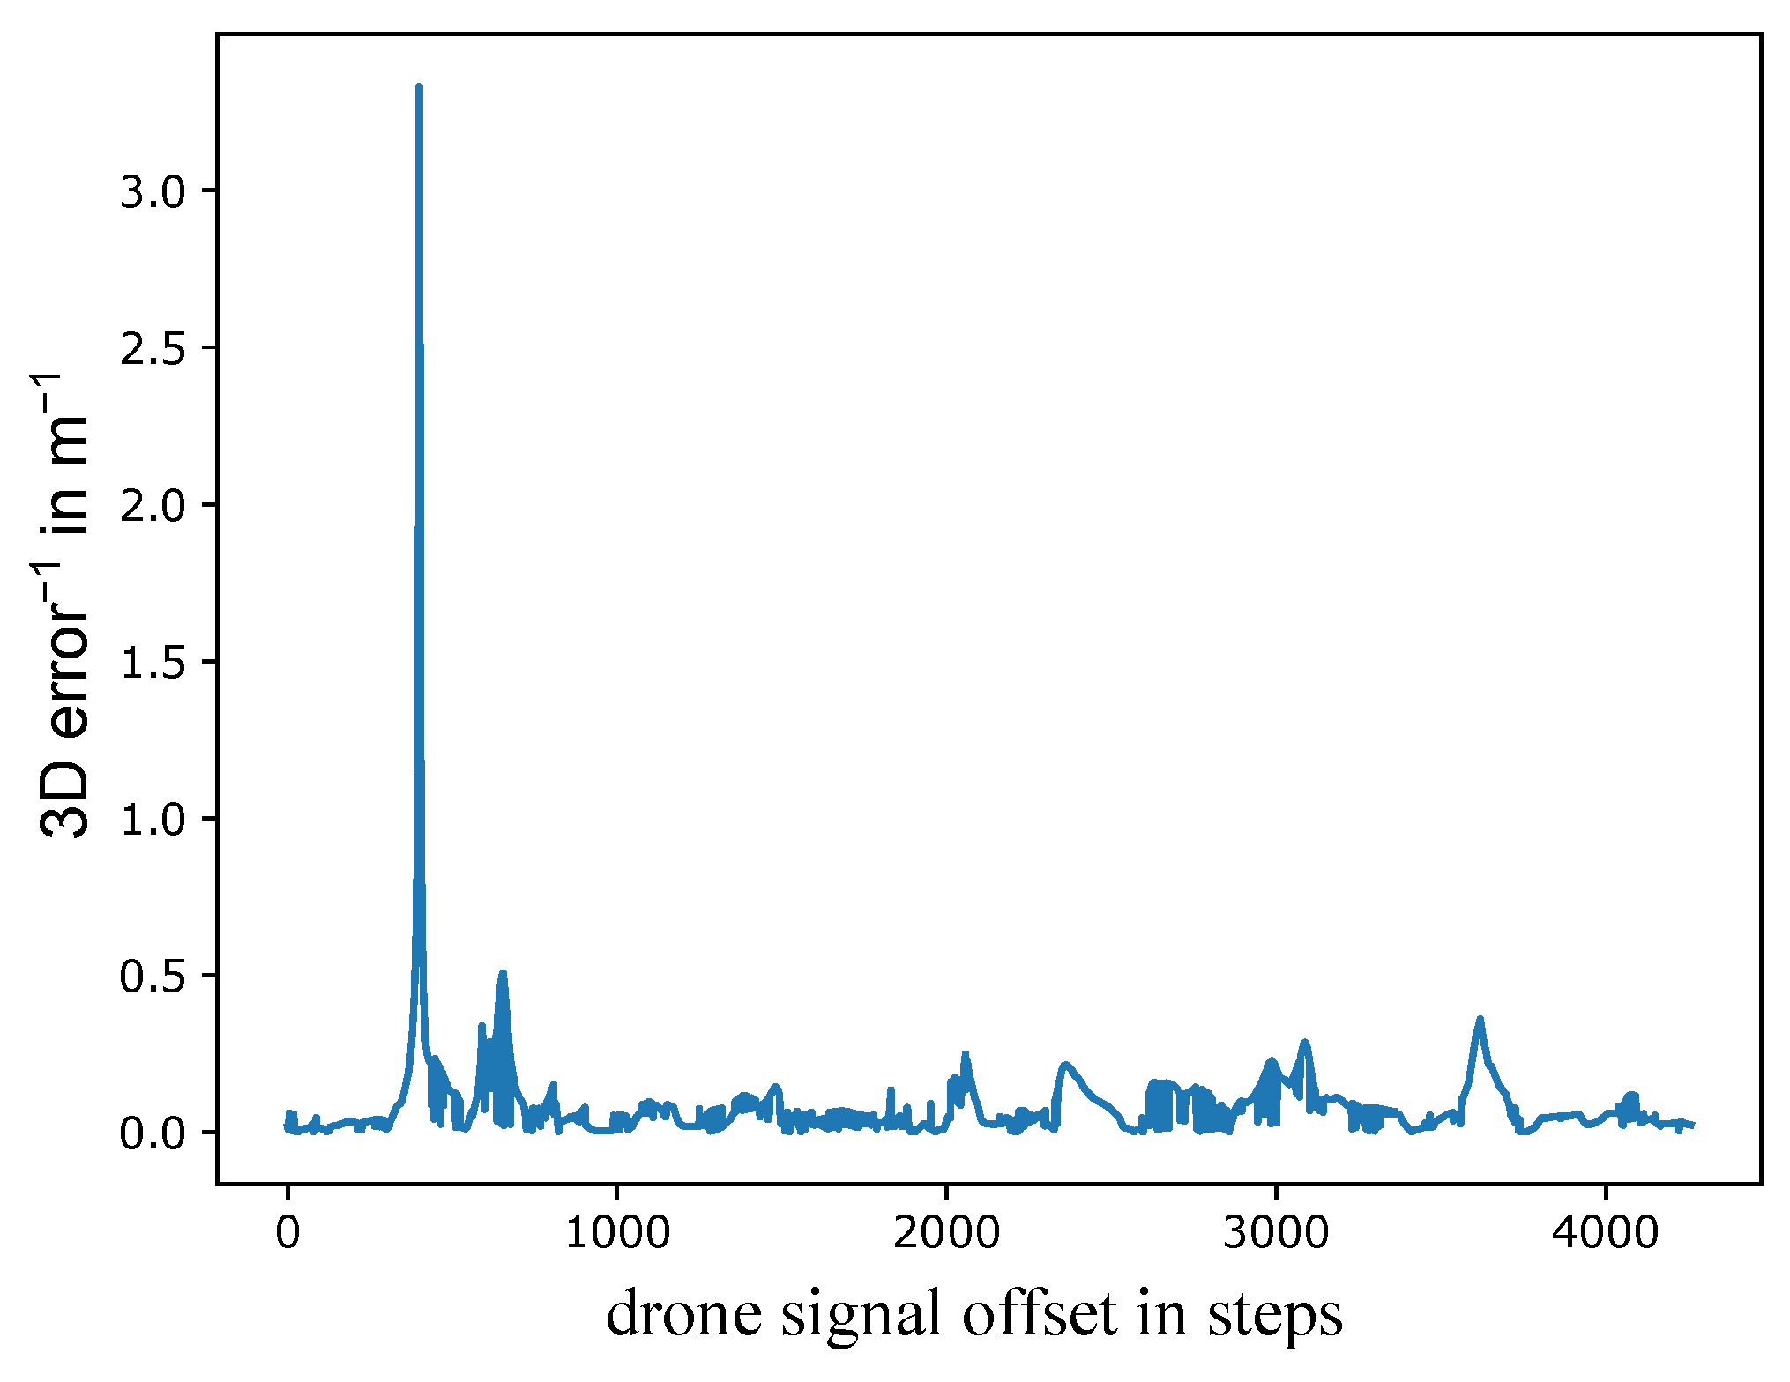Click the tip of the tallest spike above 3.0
coord(419,86)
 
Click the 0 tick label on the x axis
coord(287,1232)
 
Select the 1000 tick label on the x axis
coord(616,1232)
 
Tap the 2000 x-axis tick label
coord(946,1232)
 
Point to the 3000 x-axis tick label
coord(1275,1232)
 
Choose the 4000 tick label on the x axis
coord(1605,1232)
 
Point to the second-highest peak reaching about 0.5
coord(503,973)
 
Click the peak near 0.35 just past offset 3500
coord(1480,1020)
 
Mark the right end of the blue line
coord(1693,1126)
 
